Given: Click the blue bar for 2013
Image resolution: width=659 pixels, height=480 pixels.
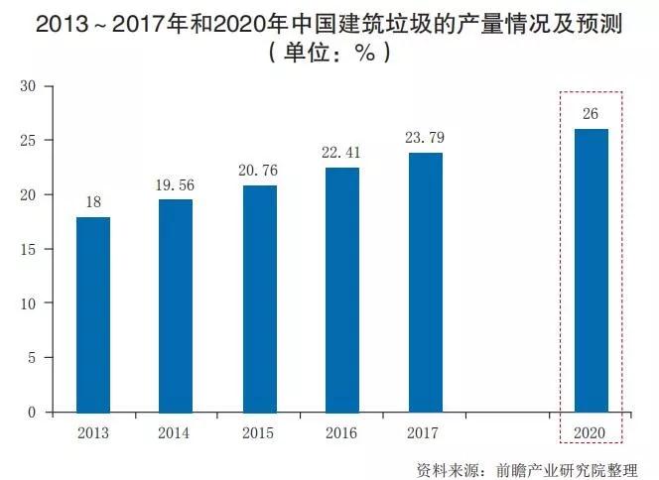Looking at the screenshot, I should point(93,314).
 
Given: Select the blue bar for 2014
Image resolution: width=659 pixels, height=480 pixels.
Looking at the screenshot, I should point(176,305).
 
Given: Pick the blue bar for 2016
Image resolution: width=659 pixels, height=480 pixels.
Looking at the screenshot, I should point(342,290).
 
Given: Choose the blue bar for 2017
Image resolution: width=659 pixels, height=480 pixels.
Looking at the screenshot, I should point(426,283).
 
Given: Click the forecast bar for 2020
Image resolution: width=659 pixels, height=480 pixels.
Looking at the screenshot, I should point(592,270).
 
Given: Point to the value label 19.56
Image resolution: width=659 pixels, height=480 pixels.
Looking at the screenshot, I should point(176,185).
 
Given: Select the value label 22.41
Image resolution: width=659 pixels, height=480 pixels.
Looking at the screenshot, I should point(342,154).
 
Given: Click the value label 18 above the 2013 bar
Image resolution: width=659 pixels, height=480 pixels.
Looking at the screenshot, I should point(93,202).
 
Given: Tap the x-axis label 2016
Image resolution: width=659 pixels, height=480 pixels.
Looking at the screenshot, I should point(342,432).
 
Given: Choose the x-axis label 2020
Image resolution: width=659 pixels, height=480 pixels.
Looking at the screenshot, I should point(591,432).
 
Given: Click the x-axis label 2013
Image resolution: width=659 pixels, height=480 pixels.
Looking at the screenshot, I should point(93,432).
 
